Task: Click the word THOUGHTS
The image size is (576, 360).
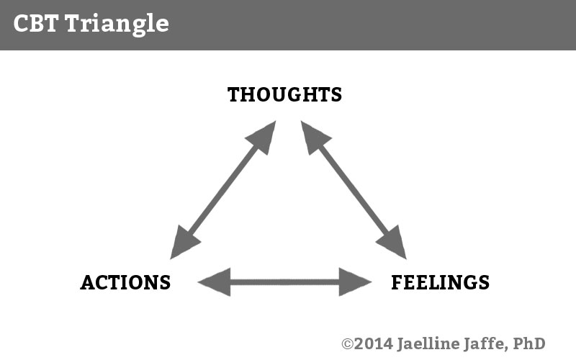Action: pos(284,94)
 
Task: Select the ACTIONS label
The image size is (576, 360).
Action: pos(125,282)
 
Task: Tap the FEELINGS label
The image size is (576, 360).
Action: pos(440,282)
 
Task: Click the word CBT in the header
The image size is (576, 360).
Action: pos(36,23)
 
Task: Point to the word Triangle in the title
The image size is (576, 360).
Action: pos(117,24)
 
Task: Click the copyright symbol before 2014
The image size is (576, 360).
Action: pos(347,344)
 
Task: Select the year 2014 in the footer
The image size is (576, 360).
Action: pos(374,344)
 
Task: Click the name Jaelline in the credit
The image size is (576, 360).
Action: pos(428,344)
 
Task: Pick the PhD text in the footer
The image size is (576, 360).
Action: pos(529,344)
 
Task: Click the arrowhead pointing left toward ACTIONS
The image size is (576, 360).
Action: pos(214,282)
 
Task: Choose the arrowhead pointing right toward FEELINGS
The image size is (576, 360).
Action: pos(355,282)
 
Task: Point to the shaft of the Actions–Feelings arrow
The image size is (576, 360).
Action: pos(284,282)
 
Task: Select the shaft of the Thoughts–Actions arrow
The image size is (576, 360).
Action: pos(223,190)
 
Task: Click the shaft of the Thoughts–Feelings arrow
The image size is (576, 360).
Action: pos(354,190)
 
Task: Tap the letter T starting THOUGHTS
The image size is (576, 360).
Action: pos(234,94)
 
